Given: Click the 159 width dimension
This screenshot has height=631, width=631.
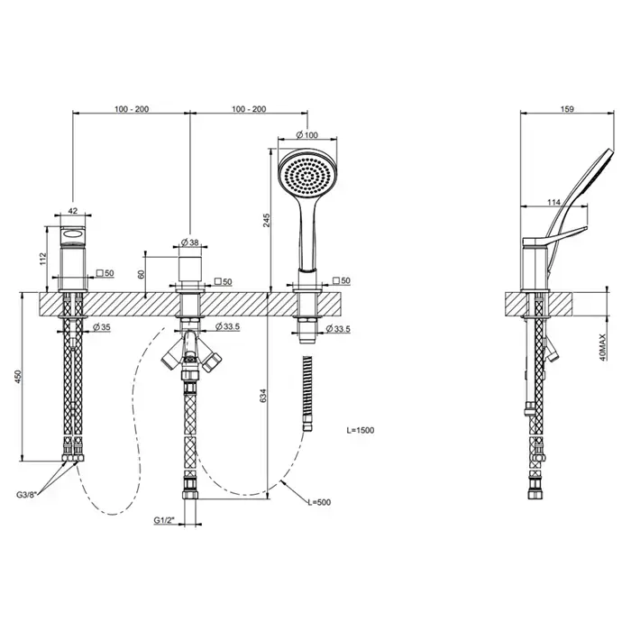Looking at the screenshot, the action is click(x=567, y=109).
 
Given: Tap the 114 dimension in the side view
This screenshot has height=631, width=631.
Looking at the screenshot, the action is click(x=553, y=203).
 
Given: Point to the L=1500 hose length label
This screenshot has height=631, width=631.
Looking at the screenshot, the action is click(x=361, y=430).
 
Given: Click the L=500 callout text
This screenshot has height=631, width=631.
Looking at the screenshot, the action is click(x=319, y=502).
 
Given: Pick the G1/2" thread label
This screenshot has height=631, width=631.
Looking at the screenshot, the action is click(x=164, y=520).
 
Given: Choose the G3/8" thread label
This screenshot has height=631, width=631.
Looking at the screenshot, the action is click(x=27, y=494).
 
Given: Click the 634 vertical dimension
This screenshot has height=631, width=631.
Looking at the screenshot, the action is click(x=263, y=397).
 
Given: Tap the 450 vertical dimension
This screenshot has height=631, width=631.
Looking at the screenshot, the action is click(x=18, y=377).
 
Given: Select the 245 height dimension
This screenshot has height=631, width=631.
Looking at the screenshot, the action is click(x=267, y=220).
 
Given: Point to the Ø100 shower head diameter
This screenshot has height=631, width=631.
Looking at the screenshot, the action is click(x=307, y=135).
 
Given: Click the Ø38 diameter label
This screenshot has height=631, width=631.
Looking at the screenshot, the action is click(x=190, y=242).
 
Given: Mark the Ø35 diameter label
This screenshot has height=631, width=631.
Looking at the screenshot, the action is click(x=101, y=326).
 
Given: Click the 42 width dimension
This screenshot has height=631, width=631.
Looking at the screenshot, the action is click(x=73, y=210).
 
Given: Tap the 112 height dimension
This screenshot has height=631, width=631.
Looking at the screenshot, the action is click(x=43, y=259).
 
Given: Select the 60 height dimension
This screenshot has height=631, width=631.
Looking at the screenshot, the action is click(x=141, y=274).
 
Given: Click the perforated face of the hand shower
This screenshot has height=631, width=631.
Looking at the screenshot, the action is click(x=307, y=177).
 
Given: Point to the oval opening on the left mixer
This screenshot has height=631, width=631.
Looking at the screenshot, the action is click(x=73, y=233).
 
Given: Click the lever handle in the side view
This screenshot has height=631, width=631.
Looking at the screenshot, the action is click(x=554, y=236).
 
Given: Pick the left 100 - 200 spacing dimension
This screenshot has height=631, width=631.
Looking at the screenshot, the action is click(x=132, y=109).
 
